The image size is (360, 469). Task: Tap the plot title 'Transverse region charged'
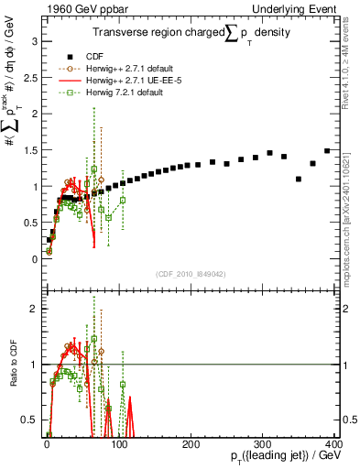point(151,34)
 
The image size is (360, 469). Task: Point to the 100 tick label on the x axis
point(118,444)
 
